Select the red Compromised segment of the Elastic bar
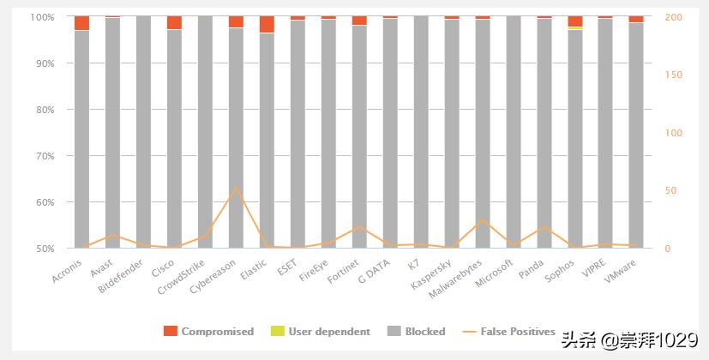[267, 24]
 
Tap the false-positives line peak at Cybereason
[236, 187]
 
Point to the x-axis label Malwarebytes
[459, 275]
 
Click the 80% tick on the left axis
[43, 110]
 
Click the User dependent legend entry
[321, 332]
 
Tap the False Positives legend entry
[509, 332]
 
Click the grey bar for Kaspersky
[452, 137]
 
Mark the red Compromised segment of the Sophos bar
[575, 21]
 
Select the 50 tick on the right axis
[671, 190]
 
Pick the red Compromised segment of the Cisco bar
[174, 22]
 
